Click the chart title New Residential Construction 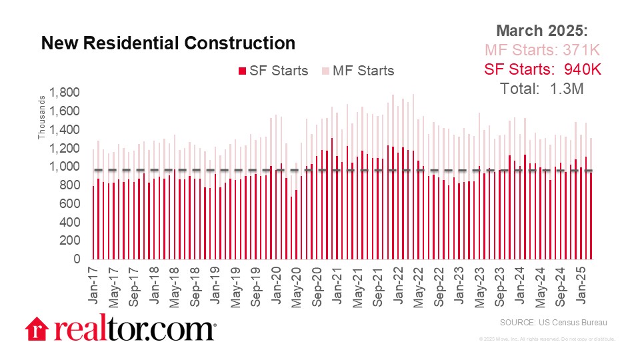tap(168, 43)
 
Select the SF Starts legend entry tap(273, 71)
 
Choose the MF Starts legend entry tap(358, 71)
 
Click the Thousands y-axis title tap(41, 119)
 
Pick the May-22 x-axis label tap(417, 285)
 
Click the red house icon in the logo tap(37, 328)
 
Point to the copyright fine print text tap(547, 339)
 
